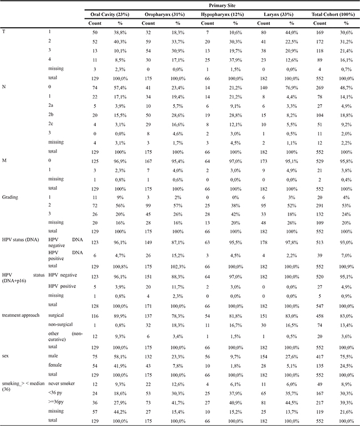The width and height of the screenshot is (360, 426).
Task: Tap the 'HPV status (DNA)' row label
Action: point(21,243)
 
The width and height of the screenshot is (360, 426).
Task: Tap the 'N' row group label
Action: point(4,88)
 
